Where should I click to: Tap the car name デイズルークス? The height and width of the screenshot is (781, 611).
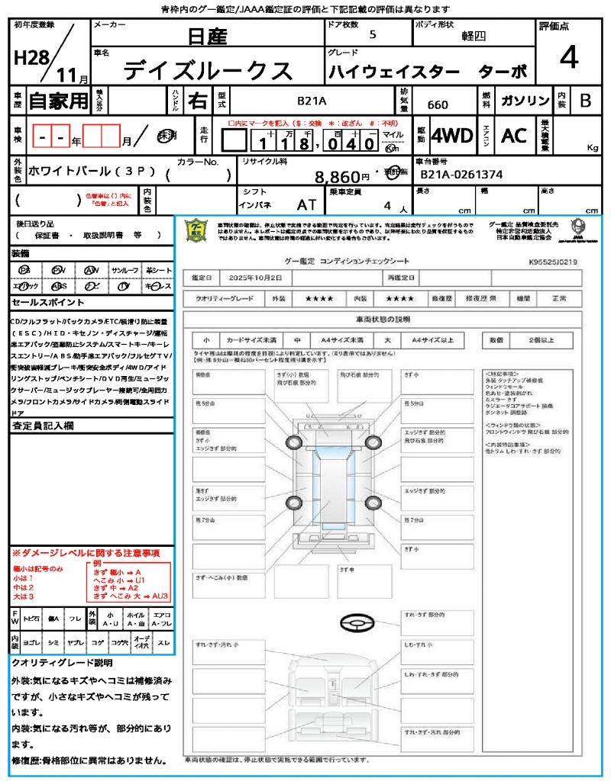pos(208,70)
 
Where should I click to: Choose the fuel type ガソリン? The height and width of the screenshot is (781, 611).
pos(525,101)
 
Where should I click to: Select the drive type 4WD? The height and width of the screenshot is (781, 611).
pos(452,136)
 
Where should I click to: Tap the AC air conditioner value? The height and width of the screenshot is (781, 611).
pos(514,136)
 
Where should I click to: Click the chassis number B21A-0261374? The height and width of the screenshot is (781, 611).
pos(461,175)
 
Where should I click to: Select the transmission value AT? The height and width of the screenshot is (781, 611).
pos(307,204)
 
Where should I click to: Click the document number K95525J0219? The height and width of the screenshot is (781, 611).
pos(552,262)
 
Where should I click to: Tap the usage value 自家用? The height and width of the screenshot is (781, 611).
pos(58,101)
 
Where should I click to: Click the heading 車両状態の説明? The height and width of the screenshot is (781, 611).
pos(383,319)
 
